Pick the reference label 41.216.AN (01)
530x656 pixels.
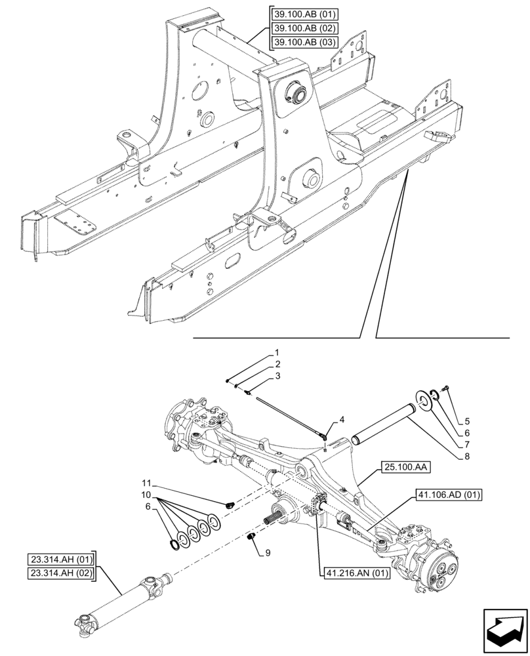pyautogui.click(x=356, y=573)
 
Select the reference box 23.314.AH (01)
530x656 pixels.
pyautogui.click(x=62, y=560)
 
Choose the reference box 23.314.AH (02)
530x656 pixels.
pyautogui.click(x=62, y=573)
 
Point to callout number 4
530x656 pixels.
pyautogui.click(x=341, y=419)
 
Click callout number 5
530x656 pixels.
pyautogui.click(x=467, y=420)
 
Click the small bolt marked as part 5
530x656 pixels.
pyautogui.click(x=445, y=389)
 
